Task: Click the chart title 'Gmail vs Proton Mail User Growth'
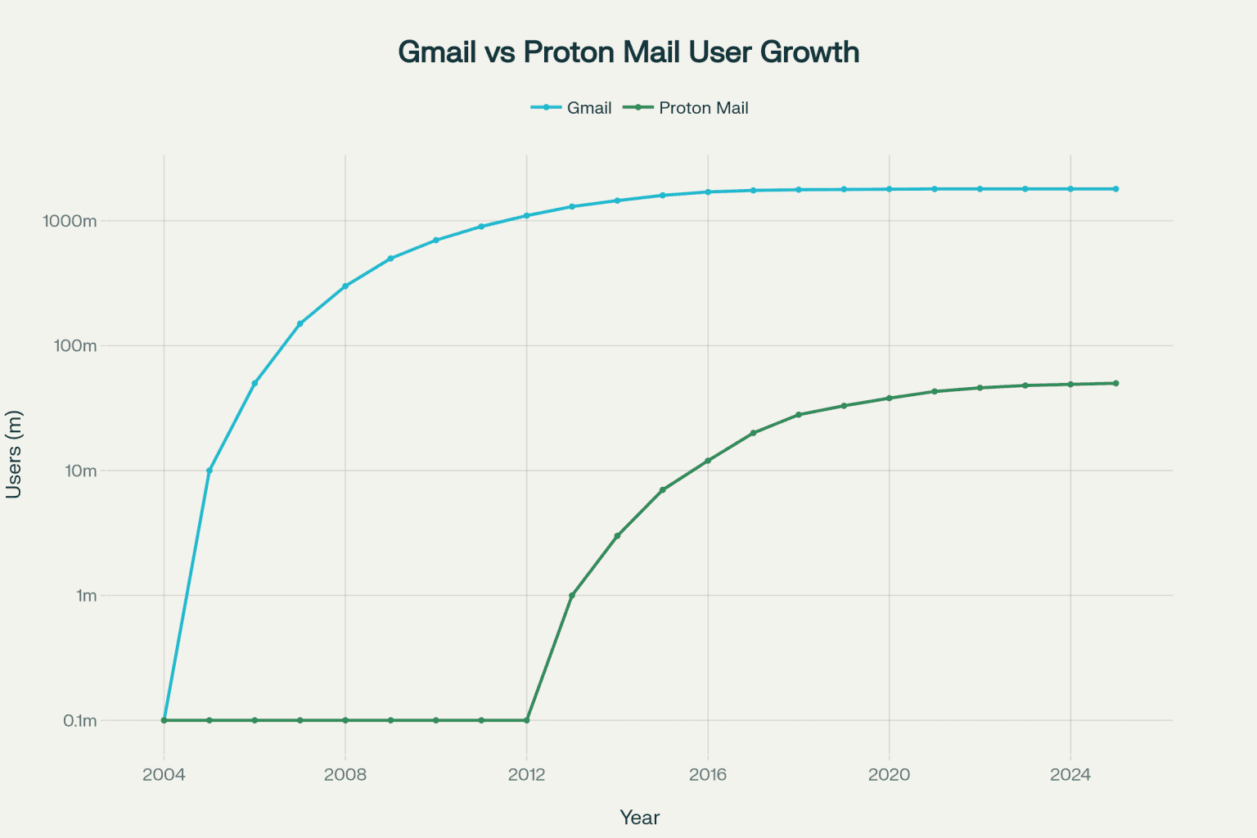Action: click(x=628, y=52)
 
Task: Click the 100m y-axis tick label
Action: click(x=75, y=345)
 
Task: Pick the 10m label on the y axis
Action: click(x=79, y=471)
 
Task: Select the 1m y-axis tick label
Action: click(x=86, y=596)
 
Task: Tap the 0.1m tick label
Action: click(x=80, y=721)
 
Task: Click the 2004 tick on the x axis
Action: click(x=164, y=774)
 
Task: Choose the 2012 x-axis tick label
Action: click(x=526, y=774)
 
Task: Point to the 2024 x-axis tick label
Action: click(x=1070, y=774)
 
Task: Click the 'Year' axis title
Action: click(x=639, y=818)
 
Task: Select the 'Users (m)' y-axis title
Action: click(x=14, y=454)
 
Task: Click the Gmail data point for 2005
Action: click(x=209, y=471)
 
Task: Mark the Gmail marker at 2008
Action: click(x=345, y=286)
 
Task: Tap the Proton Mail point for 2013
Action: click(x=572, y=596)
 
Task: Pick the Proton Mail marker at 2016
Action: click(x=708, y=461)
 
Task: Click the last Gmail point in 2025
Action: click(x=1115, y=189)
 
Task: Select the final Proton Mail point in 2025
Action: click(x=1115, y=383)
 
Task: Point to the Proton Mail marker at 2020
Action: click(x=889, y=399)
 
